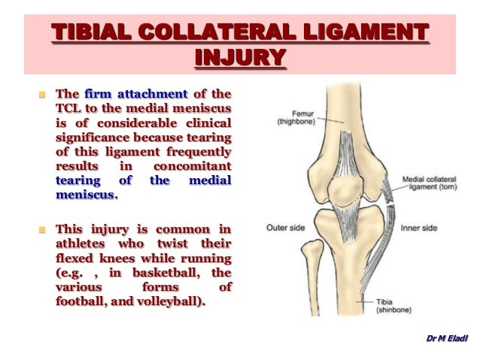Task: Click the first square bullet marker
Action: pyautogui.click(x=43, y=95)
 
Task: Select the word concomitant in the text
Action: pyautogui.click(x=192, y=167)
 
